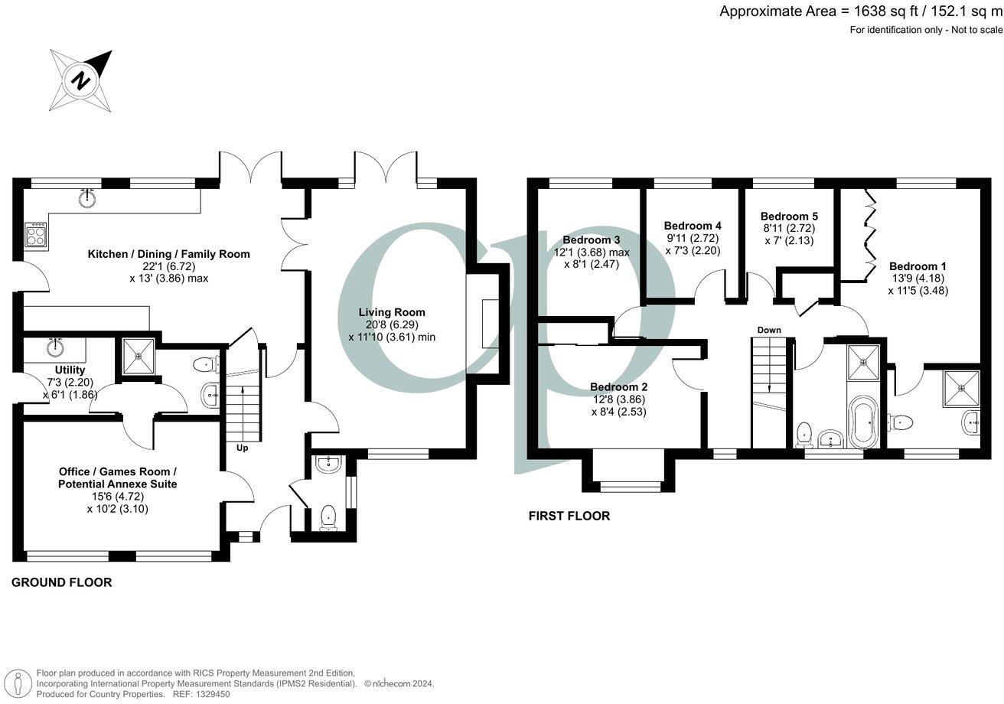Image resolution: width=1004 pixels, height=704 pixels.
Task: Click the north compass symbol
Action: click(81, 80)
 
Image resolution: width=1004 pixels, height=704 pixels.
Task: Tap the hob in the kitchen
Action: click(36, 233)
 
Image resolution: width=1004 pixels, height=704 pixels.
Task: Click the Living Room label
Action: click(392, 312)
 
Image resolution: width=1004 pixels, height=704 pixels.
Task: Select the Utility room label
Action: click(70, 370)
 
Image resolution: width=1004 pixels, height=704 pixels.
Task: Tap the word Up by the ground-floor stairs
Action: click(242, 448)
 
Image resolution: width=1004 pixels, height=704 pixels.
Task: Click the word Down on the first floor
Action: click(769, 330)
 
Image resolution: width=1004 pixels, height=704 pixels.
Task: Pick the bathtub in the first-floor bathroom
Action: click(862, 423)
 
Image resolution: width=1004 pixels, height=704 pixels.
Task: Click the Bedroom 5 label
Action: click(789, 217)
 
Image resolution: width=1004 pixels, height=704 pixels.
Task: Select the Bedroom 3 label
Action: click(591, 240)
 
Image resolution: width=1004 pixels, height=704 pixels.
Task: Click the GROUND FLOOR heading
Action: click(61, 582)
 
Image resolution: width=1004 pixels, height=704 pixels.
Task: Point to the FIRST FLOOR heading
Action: click(569, 516)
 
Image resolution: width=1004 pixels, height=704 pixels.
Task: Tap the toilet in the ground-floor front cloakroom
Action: click(328, 517)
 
